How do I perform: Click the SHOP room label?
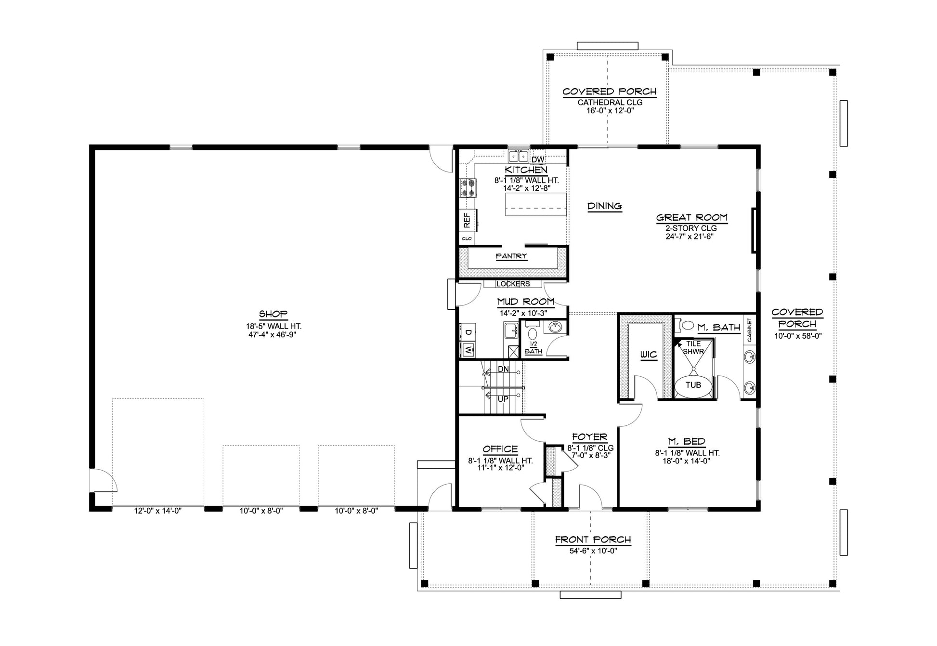(273, 314)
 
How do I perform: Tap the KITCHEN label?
(526, 170)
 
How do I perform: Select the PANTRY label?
(511, 256)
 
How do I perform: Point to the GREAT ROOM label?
(692, 218)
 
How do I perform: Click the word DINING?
(605, 206)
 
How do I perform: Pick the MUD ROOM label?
(526, 302)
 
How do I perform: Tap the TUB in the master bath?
(693, 385)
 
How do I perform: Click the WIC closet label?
(649, 355)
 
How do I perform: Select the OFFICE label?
(500, 449)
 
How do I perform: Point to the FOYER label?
(590, 437)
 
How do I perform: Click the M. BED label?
(687, 442)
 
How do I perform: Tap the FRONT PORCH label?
(593, 540)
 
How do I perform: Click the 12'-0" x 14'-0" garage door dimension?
(158, 511)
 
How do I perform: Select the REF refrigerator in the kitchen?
(467, 221)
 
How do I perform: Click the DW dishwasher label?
(537, 159)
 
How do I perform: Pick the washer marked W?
(467, 350)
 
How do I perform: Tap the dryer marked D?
(467, 332)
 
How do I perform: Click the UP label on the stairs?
(503, 399)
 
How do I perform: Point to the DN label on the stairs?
(503, 369)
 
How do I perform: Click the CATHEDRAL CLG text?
(610, 103)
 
